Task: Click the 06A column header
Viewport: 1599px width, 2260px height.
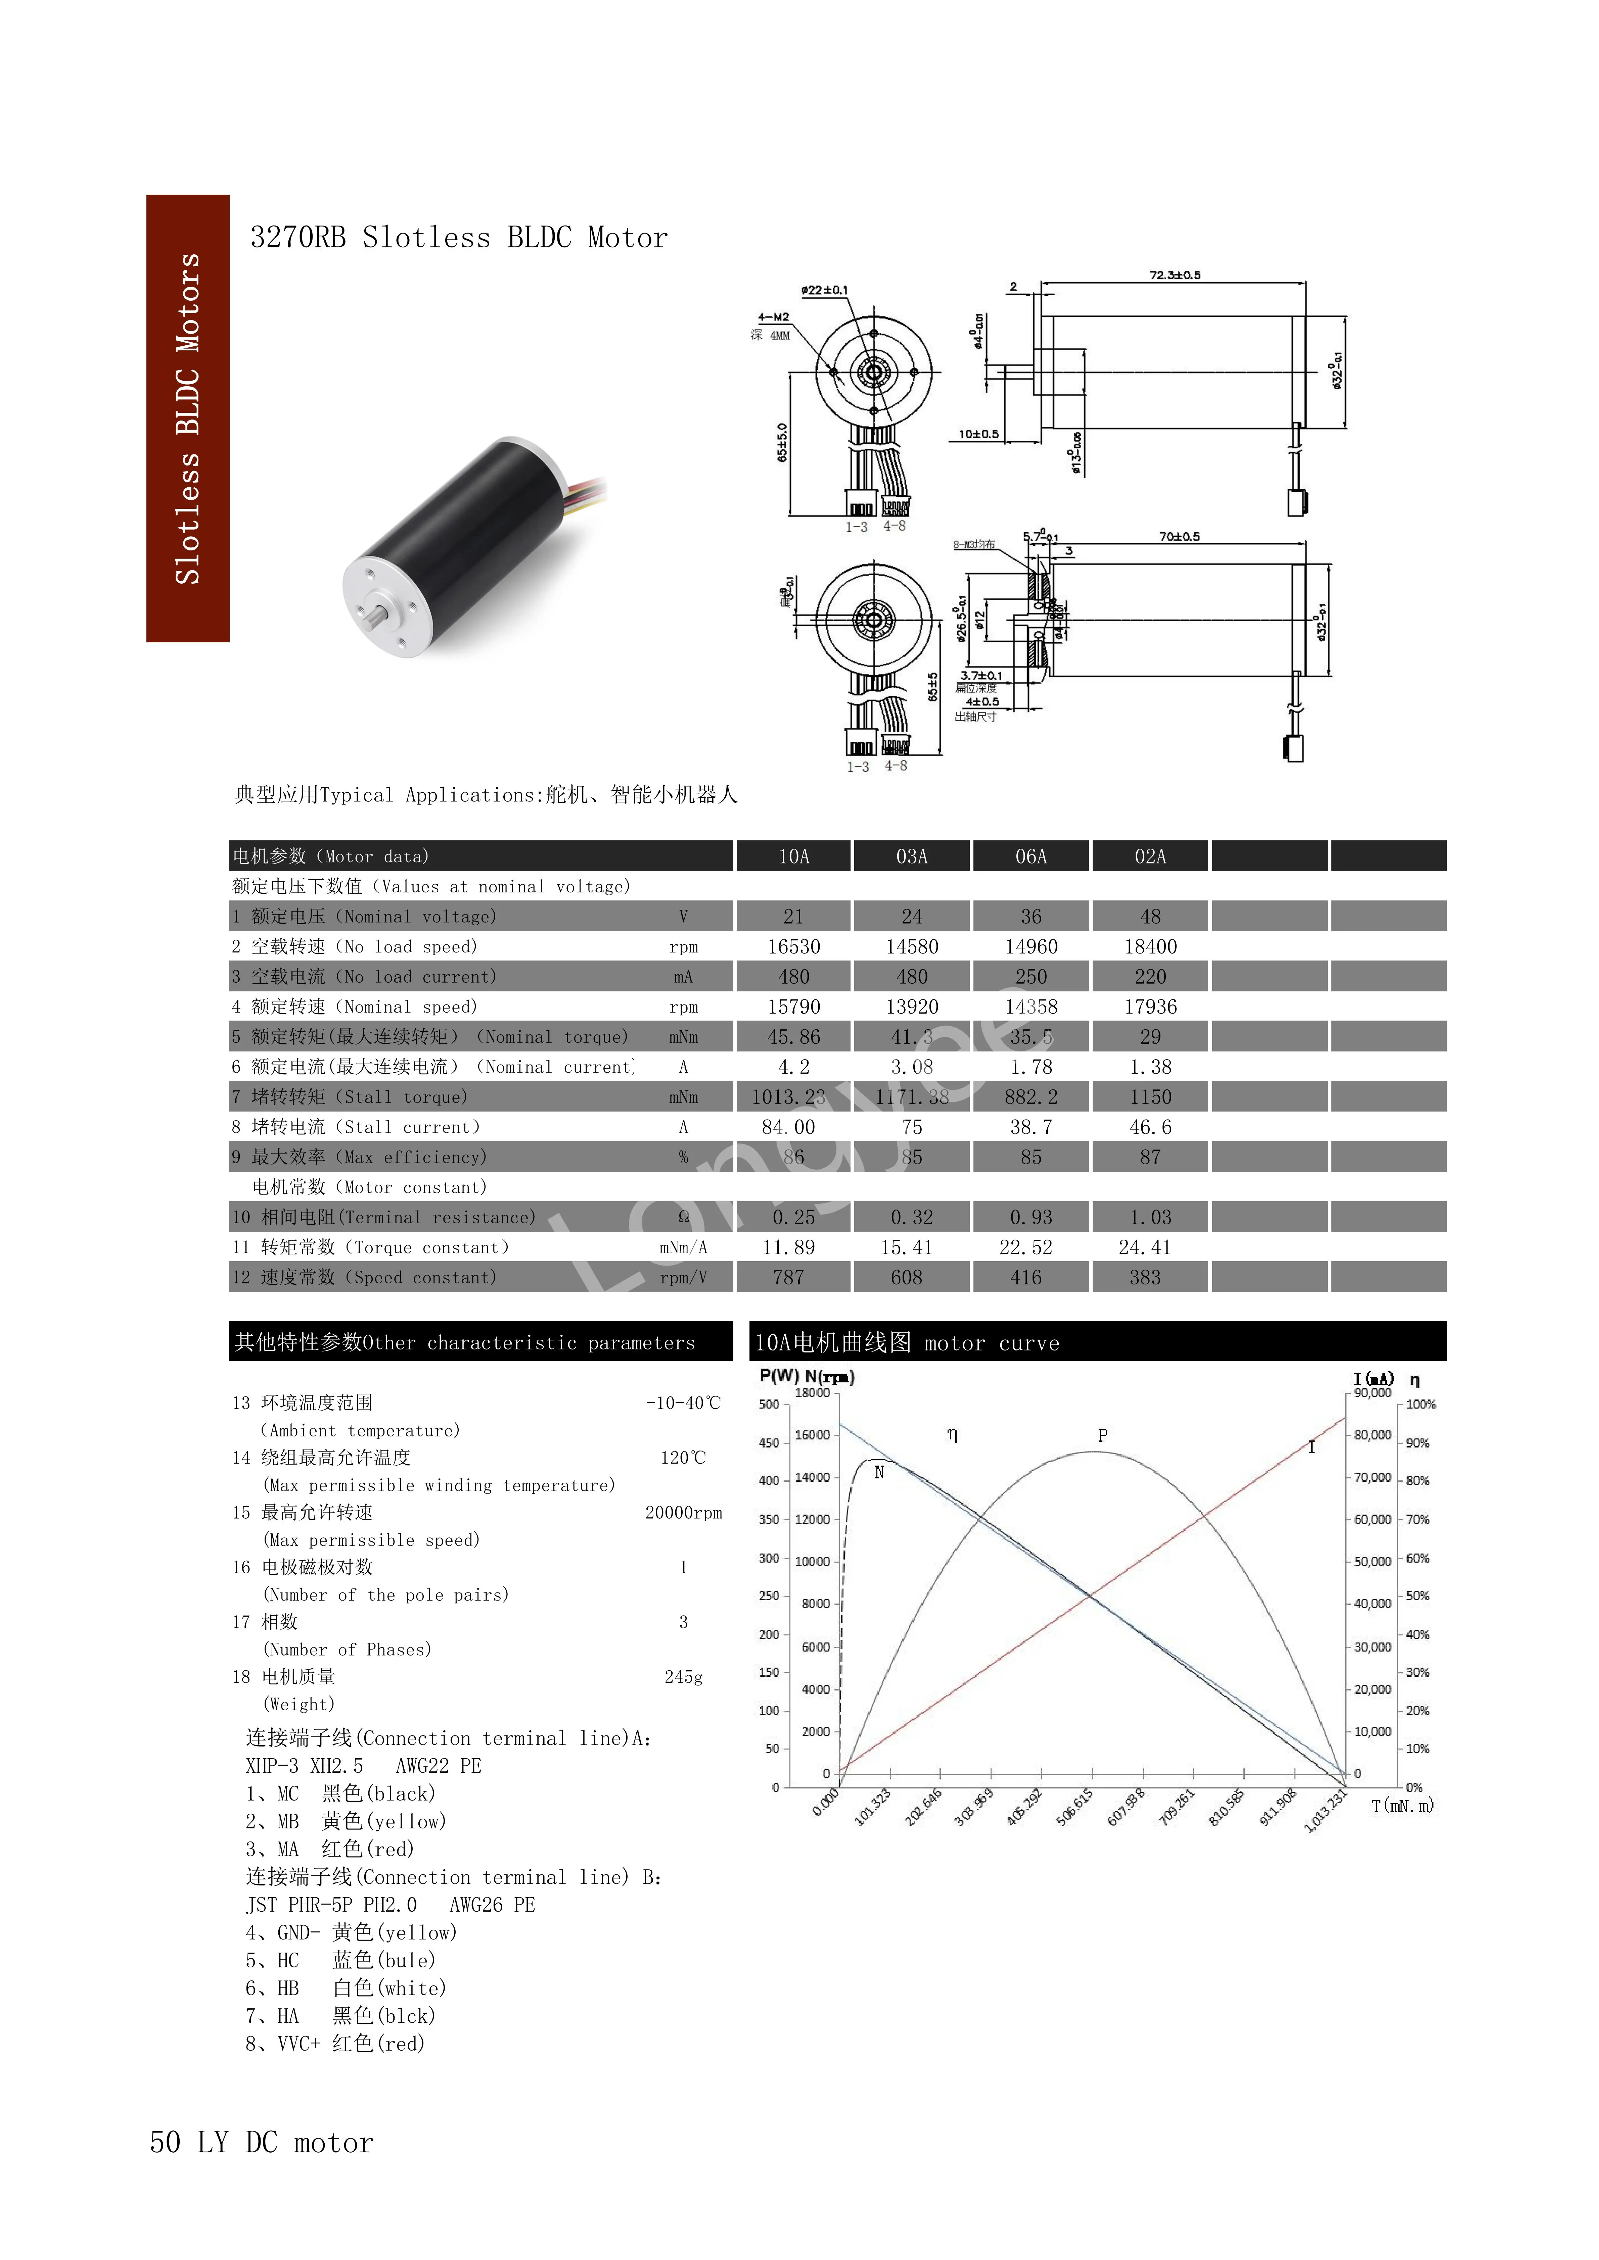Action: (x=1031, y=856)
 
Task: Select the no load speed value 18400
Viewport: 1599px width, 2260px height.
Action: (x=1150, y=947)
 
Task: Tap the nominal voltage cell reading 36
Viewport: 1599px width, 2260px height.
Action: (x=1031, y=917)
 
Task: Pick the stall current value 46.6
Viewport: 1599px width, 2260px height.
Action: (x=1150, y=1127)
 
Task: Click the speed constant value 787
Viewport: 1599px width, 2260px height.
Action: (x=789, y=1278)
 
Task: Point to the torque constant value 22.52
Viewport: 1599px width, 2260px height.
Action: (x=1026, y=1247)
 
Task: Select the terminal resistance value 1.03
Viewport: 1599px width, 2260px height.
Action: (x=1150, y=1218)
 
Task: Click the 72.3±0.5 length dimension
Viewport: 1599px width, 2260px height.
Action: (x=1175, y=276)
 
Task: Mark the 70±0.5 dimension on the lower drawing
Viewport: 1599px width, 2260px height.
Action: (x=1179, y=537)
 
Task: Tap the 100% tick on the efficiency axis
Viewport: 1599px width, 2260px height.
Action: (x=1421, y=1405)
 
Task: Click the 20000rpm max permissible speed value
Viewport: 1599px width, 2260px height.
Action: (x=683, y=1513)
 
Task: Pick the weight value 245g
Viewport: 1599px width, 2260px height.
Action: (x=683, y=1677)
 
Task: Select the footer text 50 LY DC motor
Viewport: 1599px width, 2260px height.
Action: (x=262, y=2143)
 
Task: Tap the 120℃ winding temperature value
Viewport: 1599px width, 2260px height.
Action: (x=683, y=1458)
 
